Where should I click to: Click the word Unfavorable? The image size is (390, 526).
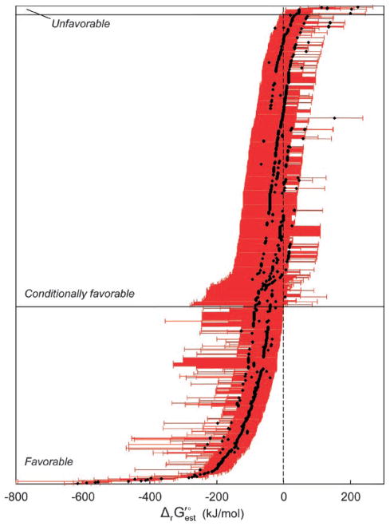[x=81, y=25]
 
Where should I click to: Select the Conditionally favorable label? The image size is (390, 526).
[x=80, y=295]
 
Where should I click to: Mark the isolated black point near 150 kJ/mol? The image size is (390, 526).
[x=334, y=118]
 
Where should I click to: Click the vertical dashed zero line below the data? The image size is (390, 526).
[x=283, y=399]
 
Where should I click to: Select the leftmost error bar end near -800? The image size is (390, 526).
[x=17, y=481]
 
